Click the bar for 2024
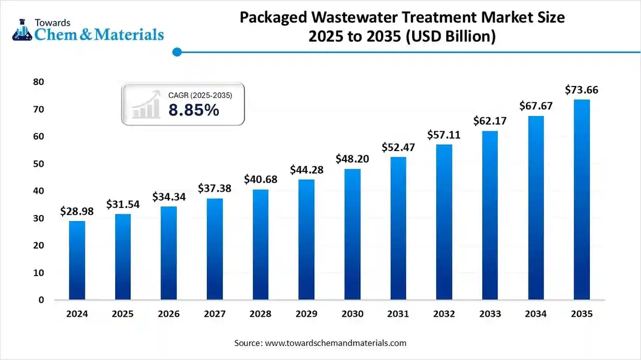[77, 260]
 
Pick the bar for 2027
[215, 249]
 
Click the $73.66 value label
[582, 90]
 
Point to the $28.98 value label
[77, 212]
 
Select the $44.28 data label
[306, 170]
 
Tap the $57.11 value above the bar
[444, 135]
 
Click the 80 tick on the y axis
[38, 82]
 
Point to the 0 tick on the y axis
[41, 300]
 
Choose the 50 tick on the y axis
[38, 164]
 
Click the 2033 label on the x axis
[490, 314]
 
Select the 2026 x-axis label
[169, 314]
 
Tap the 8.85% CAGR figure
[194, 110]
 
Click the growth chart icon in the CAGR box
[146, 104]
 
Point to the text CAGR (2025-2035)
[200, 95]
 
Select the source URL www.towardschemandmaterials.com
[336, 343]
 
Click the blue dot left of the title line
[177, 52]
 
